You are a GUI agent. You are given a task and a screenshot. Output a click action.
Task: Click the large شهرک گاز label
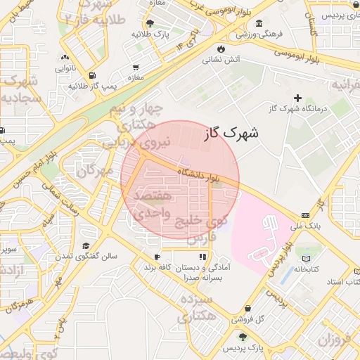coord(233,132)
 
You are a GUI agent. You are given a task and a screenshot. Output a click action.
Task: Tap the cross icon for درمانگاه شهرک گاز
coord(297,98)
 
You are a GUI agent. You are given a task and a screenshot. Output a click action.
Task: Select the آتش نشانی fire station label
coord(221,59)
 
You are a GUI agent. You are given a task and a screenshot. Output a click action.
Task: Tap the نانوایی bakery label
coord(65,69)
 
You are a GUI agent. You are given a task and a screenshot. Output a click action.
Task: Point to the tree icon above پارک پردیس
coord(243,336)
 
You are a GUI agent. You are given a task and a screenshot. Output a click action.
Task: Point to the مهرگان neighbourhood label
coord(96,168)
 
